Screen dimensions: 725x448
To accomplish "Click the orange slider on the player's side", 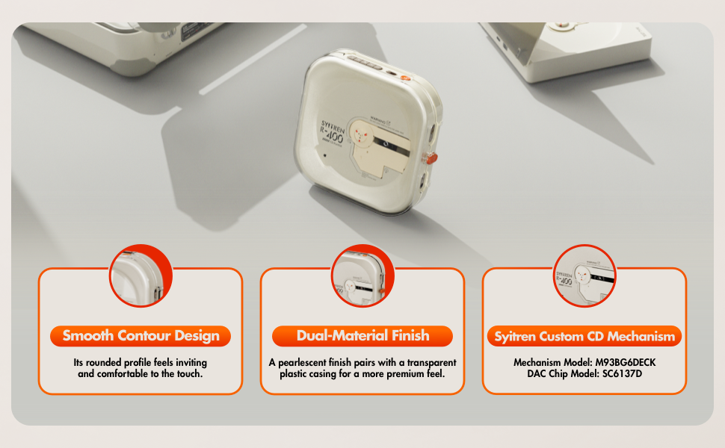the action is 431,159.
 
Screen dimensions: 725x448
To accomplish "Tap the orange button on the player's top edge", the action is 406,79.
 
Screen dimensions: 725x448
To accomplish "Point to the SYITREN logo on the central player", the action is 333,127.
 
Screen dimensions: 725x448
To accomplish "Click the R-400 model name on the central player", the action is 332,136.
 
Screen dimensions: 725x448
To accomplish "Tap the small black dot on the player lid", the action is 324,155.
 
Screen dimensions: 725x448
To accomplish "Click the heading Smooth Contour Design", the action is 141,336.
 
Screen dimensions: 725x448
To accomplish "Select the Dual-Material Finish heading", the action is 362,336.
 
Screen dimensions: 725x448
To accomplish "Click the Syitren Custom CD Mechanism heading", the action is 584,336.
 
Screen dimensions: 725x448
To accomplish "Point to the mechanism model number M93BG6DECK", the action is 625,363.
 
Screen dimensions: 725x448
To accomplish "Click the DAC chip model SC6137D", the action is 622,373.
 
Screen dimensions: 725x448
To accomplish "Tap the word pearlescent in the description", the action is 302,363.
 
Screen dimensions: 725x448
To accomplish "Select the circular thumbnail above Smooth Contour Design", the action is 141,276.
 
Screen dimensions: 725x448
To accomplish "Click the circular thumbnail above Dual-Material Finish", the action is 362,276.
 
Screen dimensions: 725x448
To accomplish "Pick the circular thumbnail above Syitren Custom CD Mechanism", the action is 584,276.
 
